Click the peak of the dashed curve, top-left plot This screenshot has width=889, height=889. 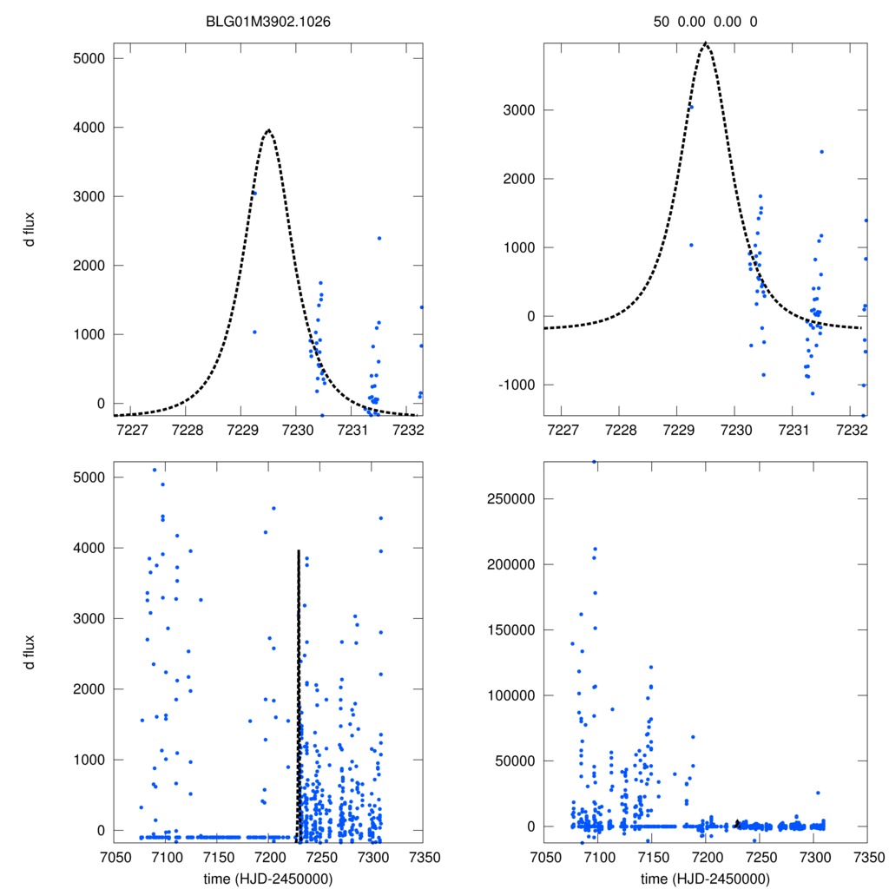pyautogui.click(x=268, y=130)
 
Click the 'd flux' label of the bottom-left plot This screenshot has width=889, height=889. pyautogui.click(x=30, y=652)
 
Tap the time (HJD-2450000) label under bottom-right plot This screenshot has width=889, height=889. pyautogui.click(x=705, y=878)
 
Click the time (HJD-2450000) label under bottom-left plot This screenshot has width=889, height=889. pyautogui.click(x=268, y=878)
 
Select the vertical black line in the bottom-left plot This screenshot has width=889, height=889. pyautogui.click(x=298, y=695)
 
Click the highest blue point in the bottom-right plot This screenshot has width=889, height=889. pyautogui.click(x=594, y=462)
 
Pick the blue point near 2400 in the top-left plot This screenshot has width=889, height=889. pyautogui.click(x=379, y=238)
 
